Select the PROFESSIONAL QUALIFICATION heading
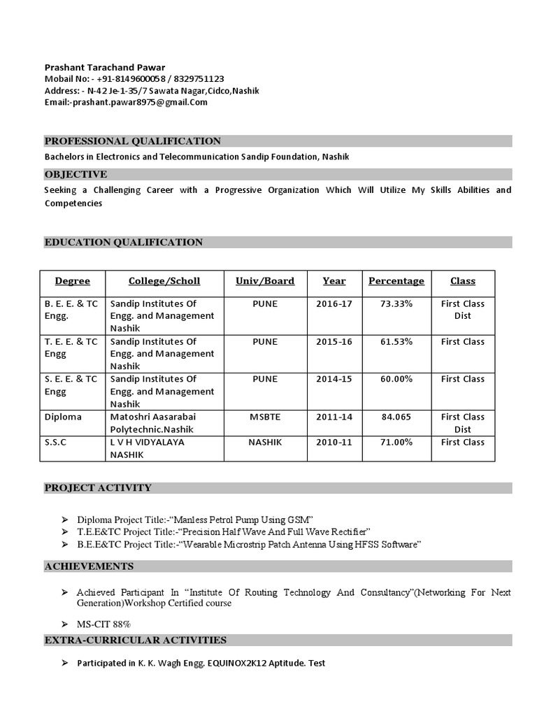coord(133,141)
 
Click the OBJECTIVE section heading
coord(76,174)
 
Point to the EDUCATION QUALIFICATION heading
coord(124,243)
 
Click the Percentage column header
coord(396,281)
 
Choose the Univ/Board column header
coord(265,281)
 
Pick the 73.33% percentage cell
coord(396,304)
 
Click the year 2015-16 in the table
coord(334,342)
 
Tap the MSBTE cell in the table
coord(265,417)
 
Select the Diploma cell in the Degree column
coord(63,417)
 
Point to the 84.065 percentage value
coord(396,417)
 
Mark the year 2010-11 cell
coord(334,443)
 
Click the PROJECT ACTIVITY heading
coord(98,488)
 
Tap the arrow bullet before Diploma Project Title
coord(65,520)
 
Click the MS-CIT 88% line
coord(104,624)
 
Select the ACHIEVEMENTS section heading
coord(89,566)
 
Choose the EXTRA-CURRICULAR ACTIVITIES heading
coord(136,640)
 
